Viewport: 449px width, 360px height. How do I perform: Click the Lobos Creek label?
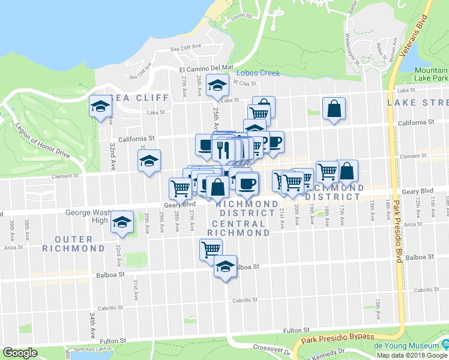click(262, 73)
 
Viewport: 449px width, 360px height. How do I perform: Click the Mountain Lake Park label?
click(431, 74)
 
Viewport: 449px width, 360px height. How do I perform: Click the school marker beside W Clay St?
click(217, 86)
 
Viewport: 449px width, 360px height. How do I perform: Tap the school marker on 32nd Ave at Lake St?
click(100, 107)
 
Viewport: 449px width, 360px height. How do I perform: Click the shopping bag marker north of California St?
click(333, 109)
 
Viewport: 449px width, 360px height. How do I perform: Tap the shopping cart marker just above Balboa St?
click(211, 249)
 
